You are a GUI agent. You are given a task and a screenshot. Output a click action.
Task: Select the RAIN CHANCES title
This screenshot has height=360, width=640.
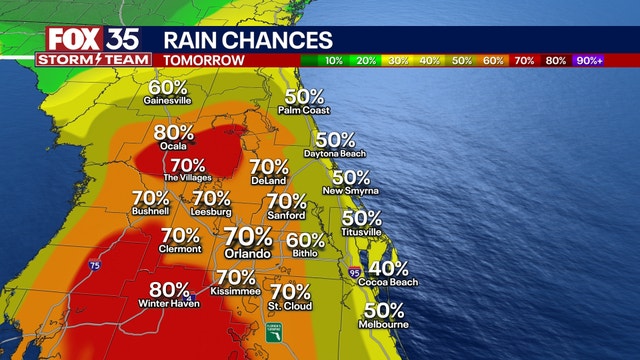click(247, 39)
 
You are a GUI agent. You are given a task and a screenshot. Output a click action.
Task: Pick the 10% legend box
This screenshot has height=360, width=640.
click(333, 61)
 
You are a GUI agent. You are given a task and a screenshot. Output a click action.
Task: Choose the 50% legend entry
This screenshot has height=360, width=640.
click(463, 61)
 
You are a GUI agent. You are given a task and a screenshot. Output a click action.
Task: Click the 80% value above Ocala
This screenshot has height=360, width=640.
click(173, 133)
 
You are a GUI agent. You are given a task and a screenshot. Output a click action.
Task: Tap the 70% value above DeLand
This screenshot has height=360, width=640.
click(269, 167)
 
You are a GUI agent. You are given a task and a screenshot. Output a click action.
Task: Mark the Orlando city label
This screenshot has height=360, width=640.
click(248, 254)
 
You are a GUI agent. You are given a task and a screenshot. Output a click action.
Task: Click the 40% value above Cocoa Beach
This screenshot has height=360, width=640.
click(388, 269)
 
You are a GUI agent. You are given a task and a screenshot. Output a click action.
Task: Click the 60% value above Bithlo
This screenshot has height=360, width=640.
click(305, 240)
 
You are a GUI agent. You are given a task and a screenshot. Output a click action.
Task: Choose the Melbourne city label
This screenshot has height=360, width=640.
click(384, 324)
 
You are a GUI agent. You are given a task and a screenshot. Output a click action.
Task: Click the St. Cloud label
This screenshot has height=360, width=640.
click(289, 305)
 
